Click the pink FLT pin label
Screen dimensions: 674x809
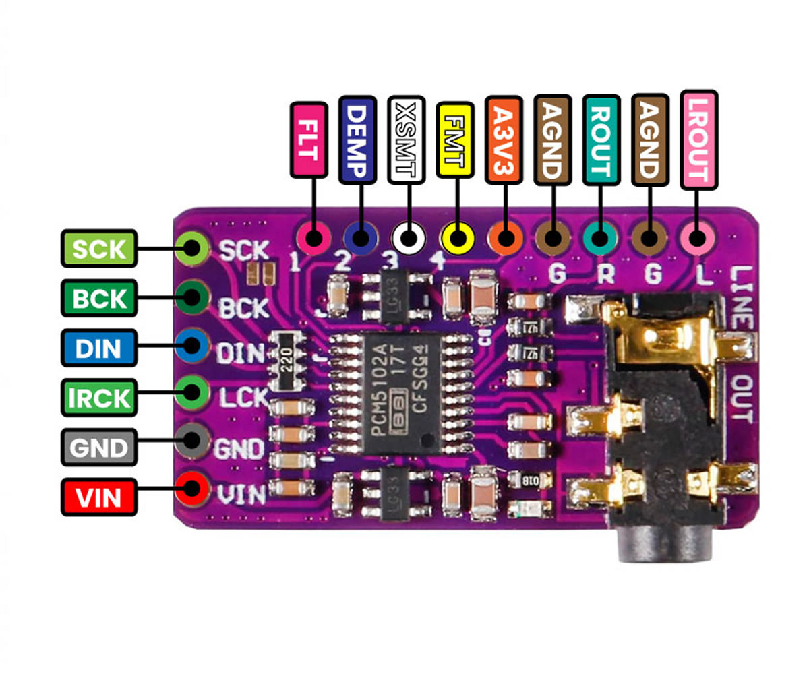pos(309,140)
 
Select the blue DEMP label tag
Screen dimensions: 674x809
pos(358,140)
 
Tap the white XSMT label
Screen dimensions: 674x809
pos(407,140)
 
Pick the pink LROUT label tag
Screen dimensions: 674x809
pos(698,139)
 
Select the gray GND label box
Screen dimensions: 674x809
pos(99,447)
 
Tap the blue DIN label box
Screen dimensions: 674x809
pos(99,348)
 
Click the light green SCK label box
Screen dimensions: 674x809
pos(99,249)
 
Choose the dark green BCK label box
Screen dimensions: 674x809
pos(99,298)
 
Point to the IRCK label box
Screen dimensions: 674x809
pos(99,398)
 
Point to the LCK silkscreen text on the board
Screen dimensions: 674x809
pos(243,398)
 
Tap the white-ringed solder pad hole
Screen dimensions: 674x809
pos(408,238)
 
